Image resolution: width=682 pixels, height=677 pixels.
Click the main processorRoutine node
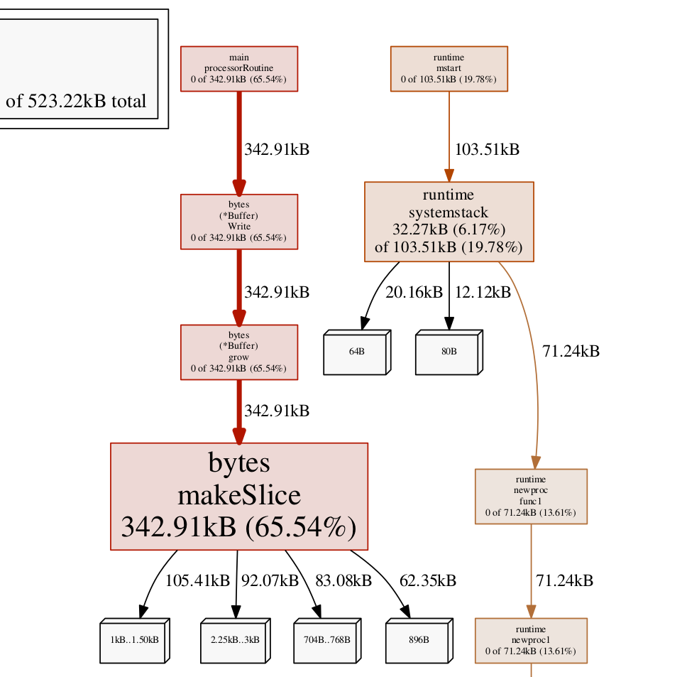pos(238,68)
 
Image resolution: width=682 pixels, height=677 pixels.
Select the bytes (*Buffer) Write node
pos(238,222)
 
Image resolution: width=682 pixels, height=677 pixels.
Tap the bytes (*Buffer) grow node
pos(238,352)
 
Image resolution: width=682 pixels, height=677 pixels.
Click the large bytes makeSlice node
pos(238,496)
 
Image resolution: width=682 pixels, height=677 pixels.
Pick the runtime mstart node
pos(449,68)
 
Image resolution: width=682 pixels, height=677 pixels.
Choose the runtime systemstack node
pos(449,222)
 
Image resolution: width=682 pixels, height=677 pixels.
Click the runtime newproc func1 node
pos(530,496)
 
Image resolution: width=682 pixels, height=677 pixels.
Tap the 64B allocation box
pos(355,352)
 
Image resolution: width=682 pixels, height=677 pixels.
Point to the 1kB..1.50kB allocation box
pos(133,640)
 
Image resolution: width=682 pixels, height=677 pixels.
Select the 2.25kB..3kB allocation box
pos(233,640)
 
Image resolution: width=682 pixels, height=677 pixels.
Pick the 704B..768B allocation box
pos(325,640)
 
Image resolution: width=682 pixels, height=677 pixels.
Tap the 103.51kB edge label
pos(487,150)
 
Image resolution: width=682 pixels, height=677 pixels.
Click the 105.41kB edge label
pos(197,580)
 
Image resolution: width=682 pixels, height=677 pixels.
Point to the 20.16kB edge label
pos(414,292)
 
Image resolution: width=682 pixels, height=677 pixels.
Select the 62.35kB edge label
pos(427,580)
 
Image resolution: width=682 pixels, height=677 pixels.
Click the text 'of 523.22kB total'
pos(76,101)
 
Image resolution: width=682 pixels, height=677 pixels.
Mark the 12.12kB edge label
pos(482,292)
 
